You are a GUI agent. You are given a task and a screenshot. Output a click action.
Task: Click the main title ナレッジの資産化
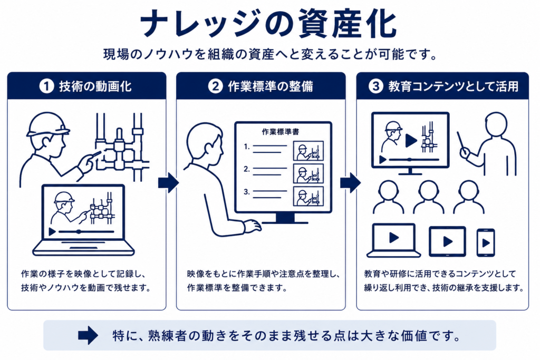[268, 23]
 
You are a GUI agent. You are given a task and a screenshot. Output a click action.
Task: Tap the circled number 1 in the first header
[47, 86]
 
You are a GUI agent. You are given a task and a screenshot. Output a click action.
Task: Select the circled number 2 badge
[215, 86]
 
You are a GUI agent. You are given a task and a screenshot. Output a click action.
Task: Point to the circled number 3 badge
[375, 86]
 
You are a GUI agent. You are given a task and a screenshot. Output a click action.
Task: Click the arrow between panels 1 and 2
[169, 182]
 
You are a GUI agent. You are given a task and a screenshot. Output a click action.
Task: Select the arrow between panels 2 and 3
[351, 182]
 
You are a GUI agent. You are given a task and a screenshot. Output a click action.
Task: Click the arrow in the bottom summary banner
[88, 335]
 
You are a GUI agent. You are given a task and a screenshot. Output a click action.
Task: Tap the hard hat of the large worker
[47, 124]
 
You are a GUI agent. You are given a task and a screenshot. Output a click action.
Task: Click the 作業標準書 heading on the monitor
[281, 132]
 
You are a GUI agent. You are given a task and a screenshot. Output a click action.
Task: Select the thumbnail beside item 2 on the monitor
[308, 173]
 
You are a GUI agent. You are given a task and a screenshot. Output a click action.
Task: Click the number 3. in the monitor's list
[247, 192]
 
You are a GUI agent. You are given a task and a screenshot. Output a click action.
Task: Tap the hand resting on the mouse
[252, 226]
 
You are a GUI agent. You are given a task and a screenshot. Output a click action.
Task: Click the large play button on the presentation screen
[411, 140]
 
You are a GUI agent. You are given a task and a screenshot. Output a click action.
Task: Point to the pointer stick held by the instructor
[462, 142]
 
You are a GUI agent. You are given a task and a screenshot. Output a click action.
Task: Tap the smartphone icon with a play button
[486, 242]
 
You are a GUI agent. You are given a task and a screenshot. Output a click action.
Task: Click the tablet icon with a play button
[447, 241]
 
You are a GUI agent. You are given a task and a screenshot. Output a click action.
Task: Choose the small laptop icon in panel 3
[393, 240]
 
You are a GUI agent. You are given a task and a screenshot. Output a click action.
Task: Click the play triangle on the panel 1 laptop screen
[52, 231]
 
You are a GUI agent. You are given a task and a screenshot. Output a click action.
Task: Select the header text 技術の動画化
[95, 86]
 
